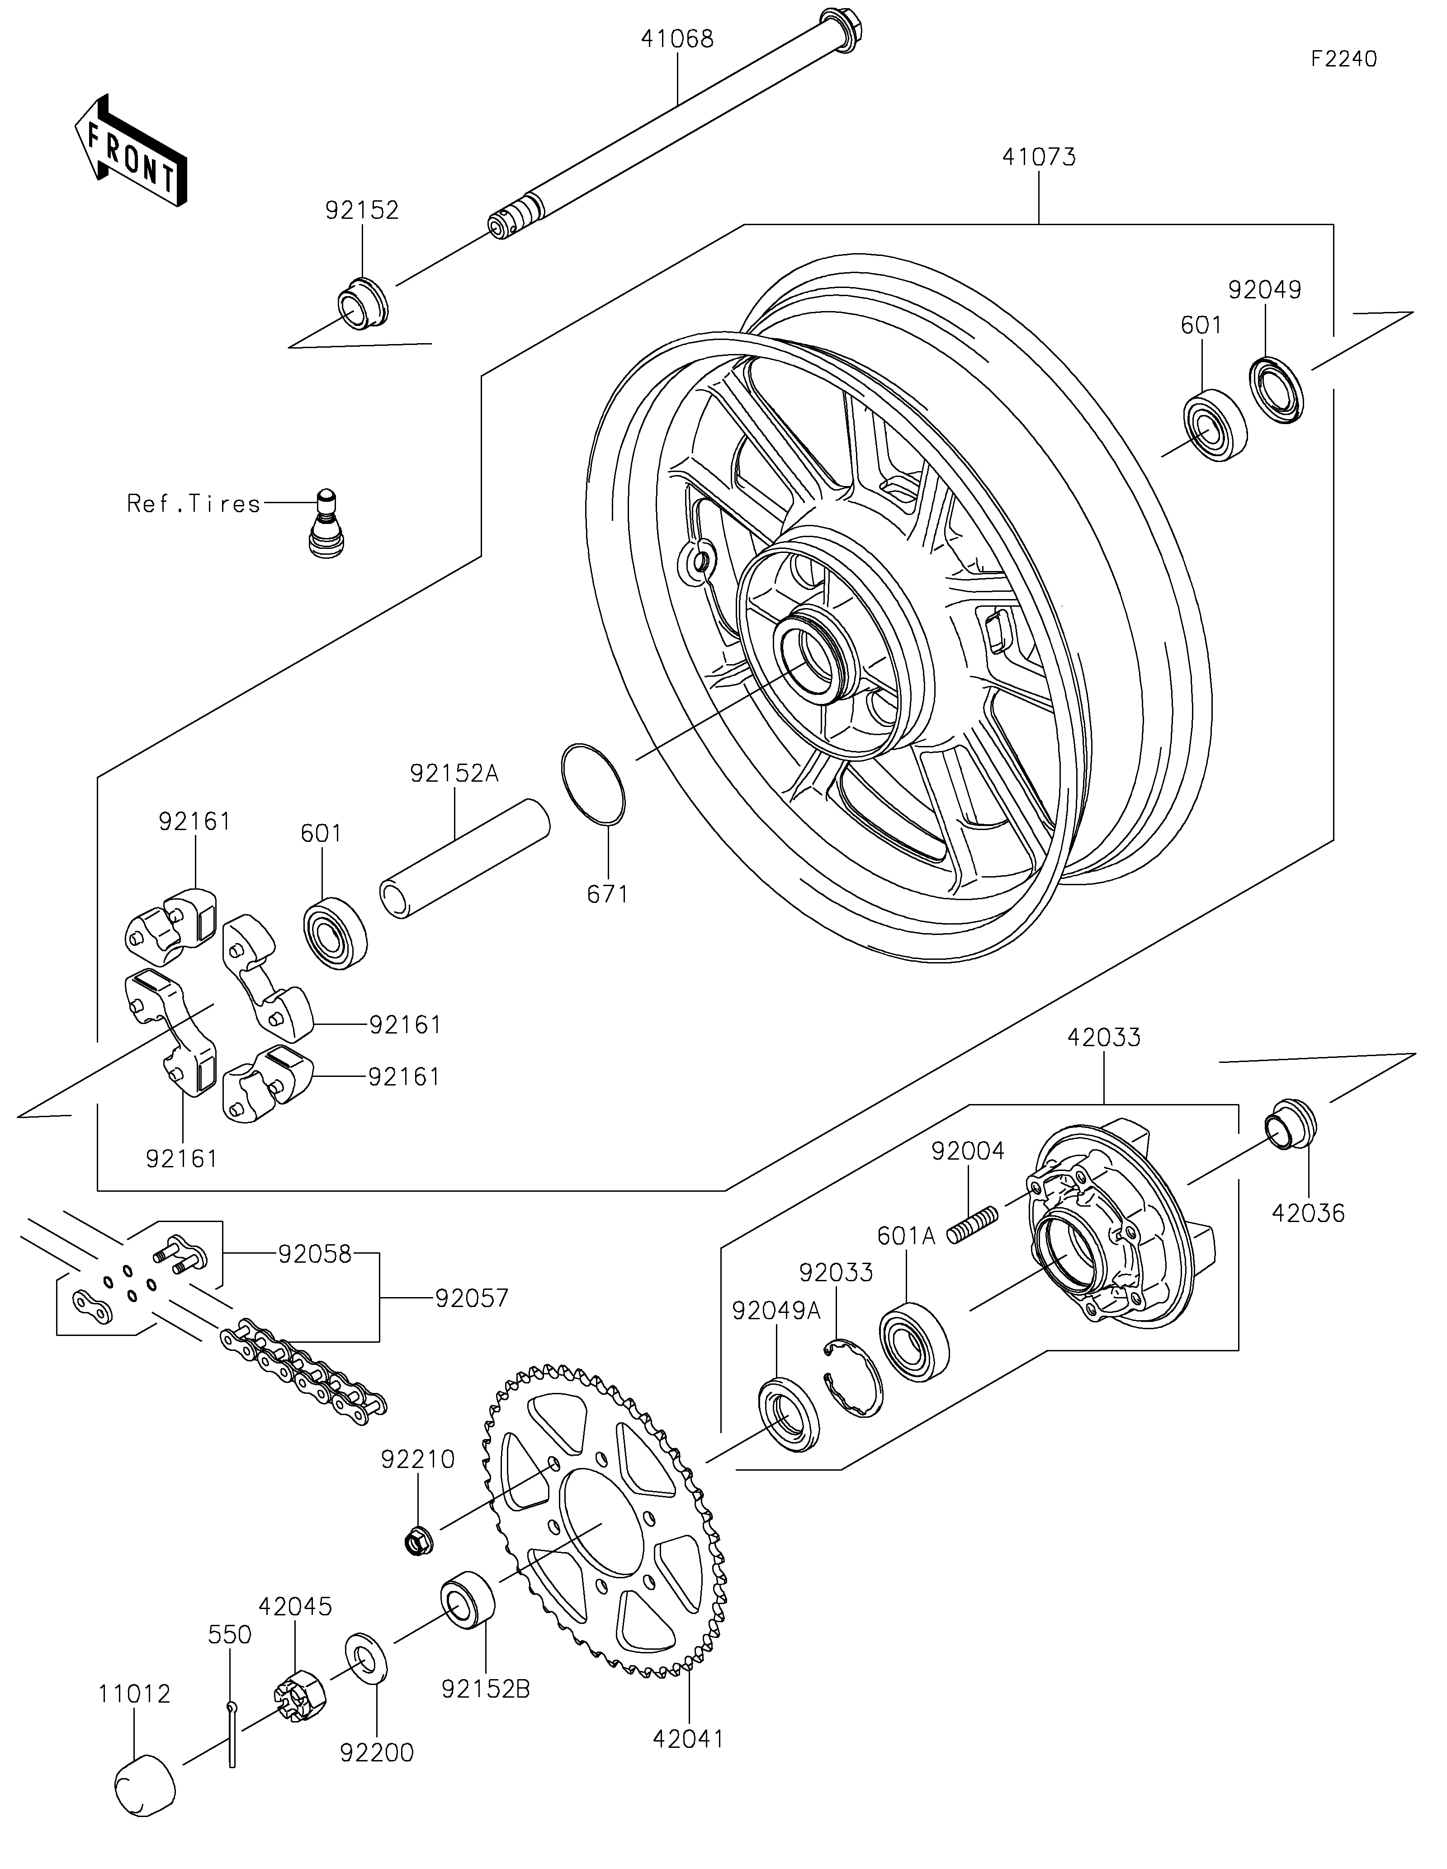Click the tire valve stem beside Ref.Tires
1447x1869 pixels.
pyautogui.click(x=323, y=523)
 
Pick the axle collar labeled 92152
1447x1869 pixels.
pyautogui.click(x=361, y=304)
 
